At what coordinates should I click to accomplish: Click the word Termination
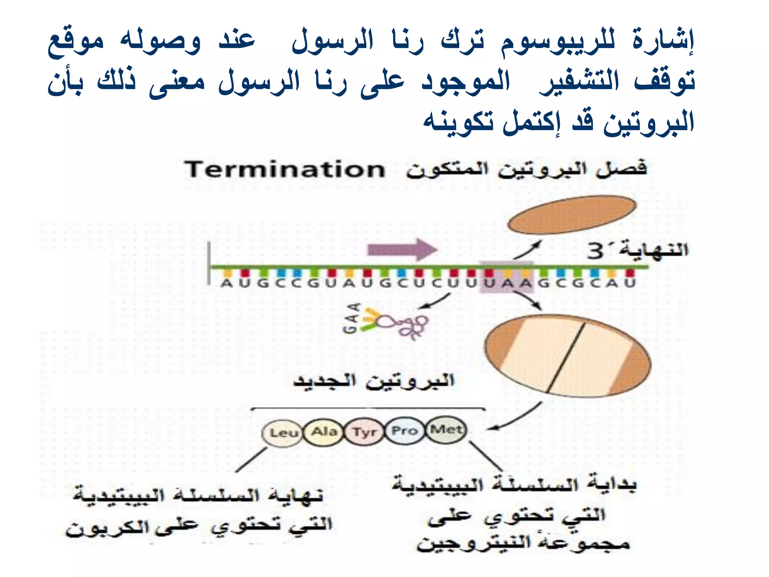point(285,170)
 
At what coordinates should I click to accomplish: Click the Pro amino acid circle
point(404,430)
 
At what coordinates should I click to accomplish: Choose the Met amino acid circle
point(446,429)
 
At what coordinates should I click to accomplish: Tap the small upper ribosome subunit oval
point(571,214)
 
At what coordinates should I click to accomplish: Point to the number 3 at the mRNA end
point(596,251)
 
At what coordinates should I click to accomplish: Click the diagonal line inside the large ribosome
point(566,357)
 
